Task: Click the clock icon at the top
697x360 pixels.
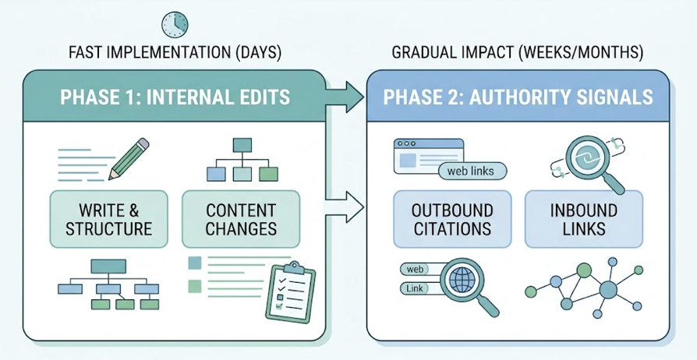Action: point(175,24)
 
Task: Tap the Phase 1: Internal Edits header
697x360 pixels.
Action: point(175,97)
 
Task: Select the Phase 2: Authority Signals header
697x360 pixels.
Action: point(518,97)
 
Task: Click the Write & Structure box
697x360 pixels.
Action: point(108,219)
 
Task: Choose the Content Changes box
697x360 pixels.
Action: point(240,219)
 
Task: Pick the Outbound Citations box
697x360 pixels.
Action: point(453,219)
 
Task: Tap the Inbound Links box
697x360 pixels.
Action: point(584,219)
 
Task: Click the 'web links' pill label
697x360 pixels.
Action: point(472,171)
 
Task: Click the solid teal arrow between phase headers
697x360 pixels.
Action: point(344,98)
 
